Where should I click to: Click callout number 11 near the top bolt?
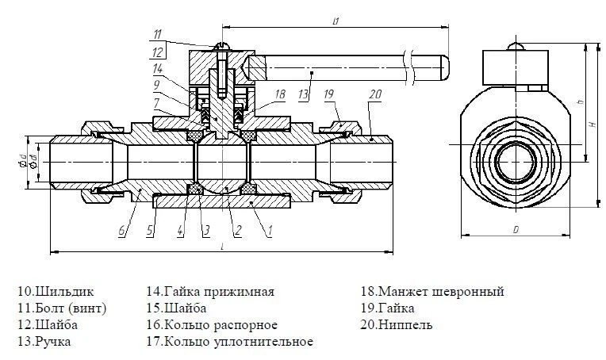tap(158, 33)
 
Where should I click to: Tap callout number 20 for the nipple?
tap(374, 93)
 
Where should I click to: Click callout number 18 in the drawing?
tap(279, 93)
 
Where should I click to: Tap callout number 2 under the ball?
tap(237, 232)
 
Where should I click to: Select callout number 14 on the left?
tap(158, 68)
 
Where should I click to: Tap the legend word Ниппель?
tap(405, 325)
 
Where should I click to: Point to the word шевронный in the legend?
tap(467, 292)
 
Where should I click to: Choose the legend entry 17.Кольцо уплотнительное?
tap(229, 342)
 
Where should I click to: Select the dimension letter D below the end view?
tap(515, 229)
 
